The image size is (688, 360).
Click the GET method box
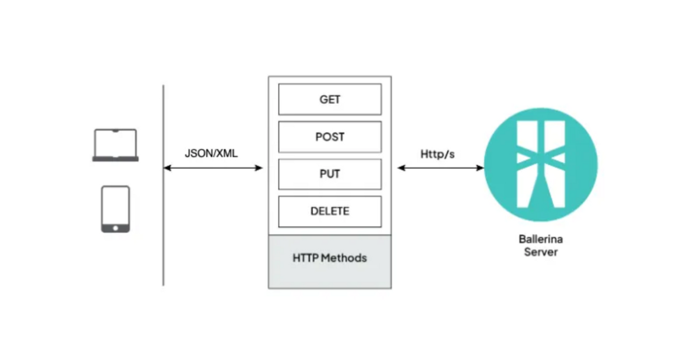pos(330,99)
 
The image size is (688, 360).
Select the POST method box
pos(330,137)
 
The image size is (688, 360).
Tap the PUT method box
pos(330,174)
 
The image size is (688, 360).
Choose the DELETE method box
pos(330,211)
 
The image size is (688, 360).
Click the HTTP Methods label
pos(330,258)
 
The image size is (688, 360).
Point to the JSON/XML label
pos(211,154)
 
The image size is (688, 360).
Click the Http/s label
pos(438,154)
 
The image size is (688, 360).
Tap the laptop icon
pos(115,145)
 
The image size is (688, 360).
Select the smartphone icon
pos(115,209)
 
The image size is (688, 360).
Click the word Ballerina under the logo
pos(541,240)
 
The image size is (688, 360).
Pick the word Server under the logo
pos(541,252)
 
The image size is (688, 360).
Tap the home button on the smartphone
pos(115,228)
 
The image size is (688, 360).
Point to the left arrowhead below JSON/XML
pos(167,168)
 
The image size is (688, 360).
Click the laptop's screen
pos(115,143)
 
